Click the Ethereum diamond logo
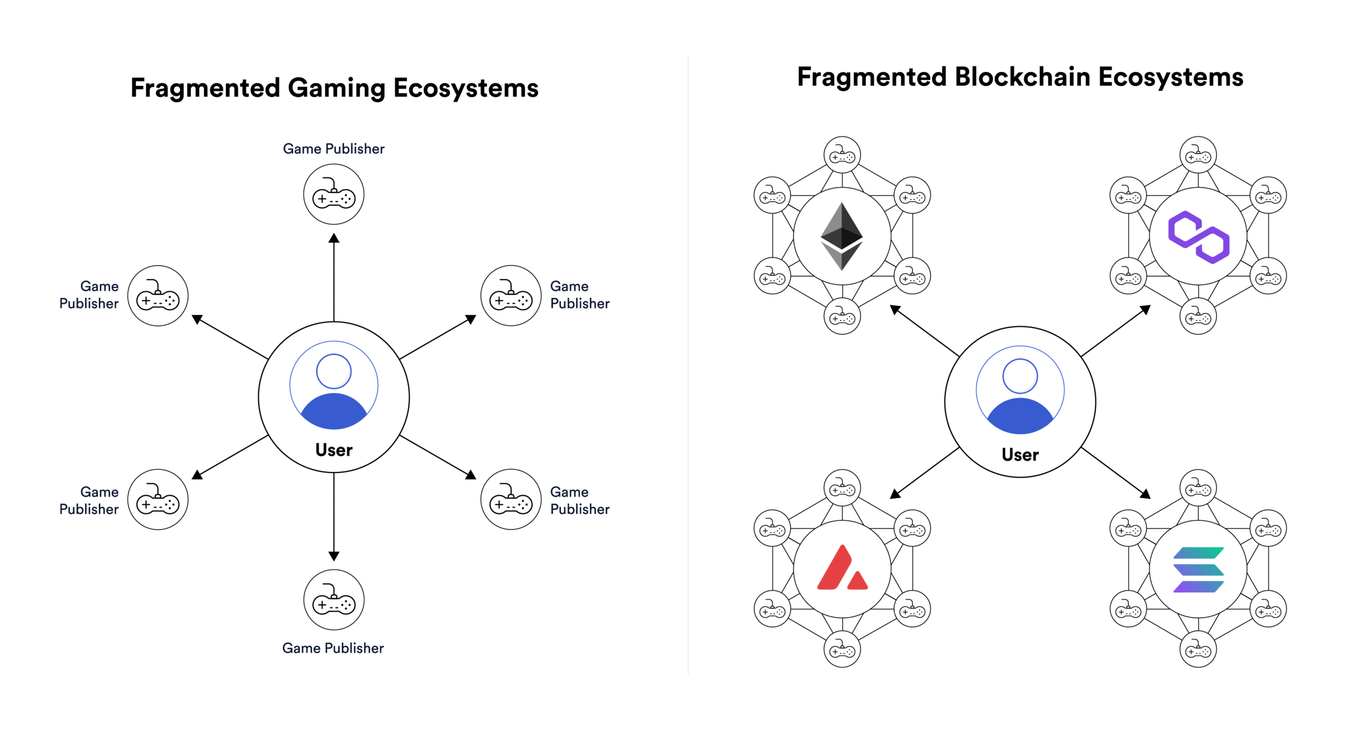(x=841, y=236)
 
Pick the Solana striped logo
(x=1198, y=569)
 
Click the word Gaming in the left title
(x=336, y=88)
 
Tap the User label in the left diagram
(x=333, y=449)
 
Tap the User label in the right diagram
(x=1019, y=454)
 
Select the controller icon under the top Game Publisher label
(x=333, y=194)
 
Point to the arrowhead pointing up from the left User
(x=333, y=239)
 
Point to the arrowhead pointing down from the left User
(x=333, y=556)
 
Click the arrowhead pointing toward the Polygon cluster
(x=1145, y=310)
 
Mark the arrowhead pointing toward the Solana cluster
(x=1145, y=493)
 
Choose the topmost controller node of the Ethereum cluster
(x=842, y=155)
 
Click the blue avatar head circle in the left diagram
(x=333, y=372)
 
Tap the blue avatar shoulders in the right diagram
(x=1019, y=416)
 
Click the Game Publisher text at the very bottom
(x=333, y=647)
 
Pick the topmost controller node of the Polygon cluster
(x=1198, y=155)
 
